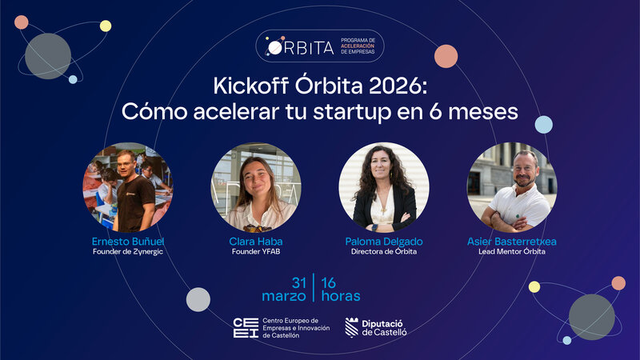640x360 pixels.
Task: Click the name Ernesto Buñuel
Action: [128, 241]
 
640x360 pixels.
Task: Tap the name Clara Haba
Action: [256, 241]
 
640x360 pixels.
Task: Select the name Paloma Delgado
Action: [383, 241]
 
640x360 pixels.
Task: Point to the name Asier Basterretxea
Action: [512, 241]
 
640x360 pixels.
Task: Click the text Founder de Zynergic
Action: [128, 252]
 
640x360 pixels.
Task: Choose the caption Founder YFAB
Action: [256, 252]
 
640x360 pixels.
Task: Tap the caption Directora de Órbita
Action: [383, 252]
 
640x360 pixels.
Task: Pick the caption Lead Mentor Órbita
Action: [512, 252]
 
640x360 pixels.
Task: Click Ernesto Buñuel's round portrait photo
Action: [128, 187]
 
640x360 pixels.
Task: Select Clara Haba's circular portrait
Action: [256, 187]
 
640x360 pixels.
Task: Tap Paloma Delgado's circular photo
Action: [384, 187]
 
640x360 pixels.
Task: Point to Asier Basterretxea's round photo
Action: [512, 187]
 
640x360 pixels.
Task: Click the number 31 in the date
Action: [299, 282]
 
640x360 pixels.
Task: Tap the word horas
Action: [340, 296]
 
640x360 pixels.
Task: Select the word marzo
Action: [286, 296]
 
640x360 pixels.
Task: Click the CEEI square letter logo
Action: [245, 327]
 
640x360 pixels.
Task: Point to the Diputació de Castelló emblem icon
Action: [351, 327]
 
